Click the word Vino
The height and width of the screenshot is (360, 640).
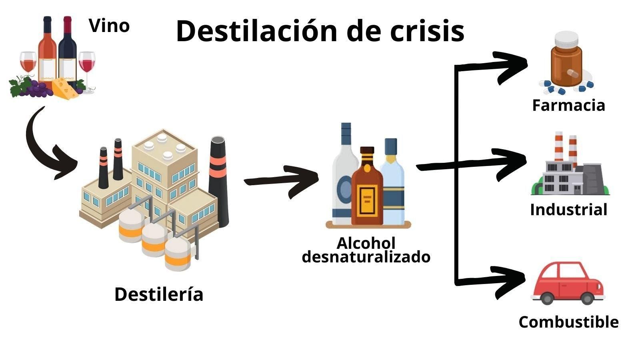109,26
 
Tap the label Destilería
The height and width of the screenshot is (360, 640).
159,294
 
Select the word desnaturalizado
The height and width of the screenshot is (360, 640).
366,256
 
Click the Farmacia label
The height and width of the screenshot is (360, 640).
568,105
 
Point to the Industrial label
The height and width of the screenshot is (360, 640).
568,210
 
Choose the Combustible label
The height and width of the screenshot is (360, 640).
568,322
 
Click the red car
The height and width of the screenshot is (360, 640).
568,282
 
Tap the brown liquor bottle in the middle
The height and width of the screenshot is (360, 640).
366,188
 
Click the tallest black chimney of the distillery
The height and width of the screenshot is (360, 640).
218,180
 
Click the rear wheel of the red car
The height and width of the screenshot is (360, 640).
547,298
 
